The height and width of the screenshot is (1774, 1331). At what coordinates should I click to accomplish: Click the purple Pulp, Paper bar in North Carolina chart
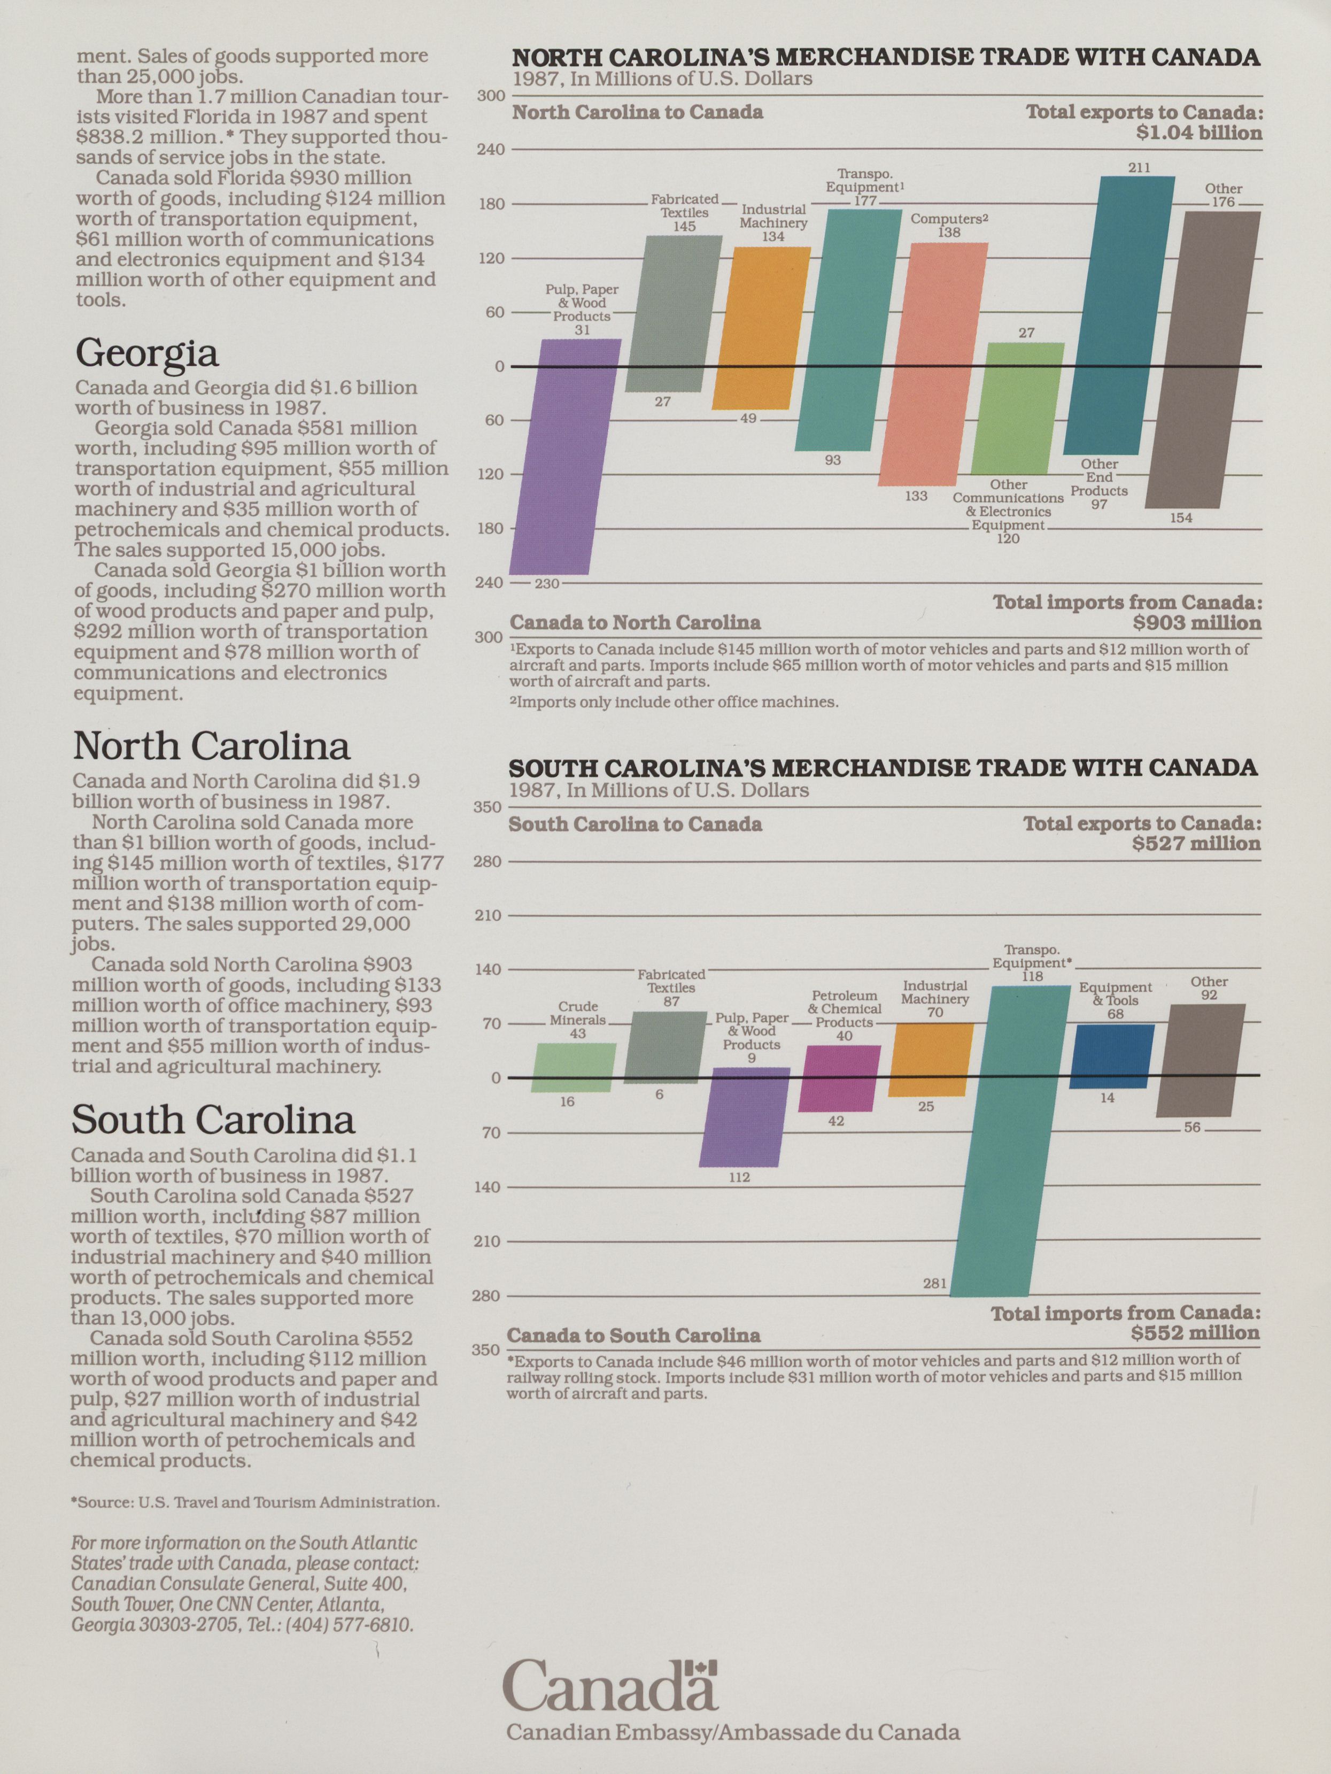(x=566, y=457)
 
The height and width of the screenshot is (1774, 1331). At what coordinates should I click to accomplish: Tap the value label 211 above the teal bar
(x=1140, y=168)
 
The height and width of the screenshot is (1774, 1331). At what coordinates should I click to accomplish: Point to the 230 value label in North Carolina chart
(x=547, y=584)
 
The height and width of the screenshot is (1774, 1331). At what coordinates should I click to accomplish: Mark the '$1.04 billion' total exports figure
(x=1198, y=133)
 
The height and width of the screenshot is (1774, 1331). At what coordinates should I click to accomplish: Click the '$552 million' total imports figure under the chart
(x=1195, y=1333)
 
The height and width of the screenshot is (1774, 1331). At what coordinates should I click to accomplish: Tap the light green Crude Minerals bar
(x=574, y=1067)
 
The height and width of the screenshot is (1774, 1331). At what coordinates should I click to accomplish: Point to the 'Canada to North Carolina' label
(x=635, y=622)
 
